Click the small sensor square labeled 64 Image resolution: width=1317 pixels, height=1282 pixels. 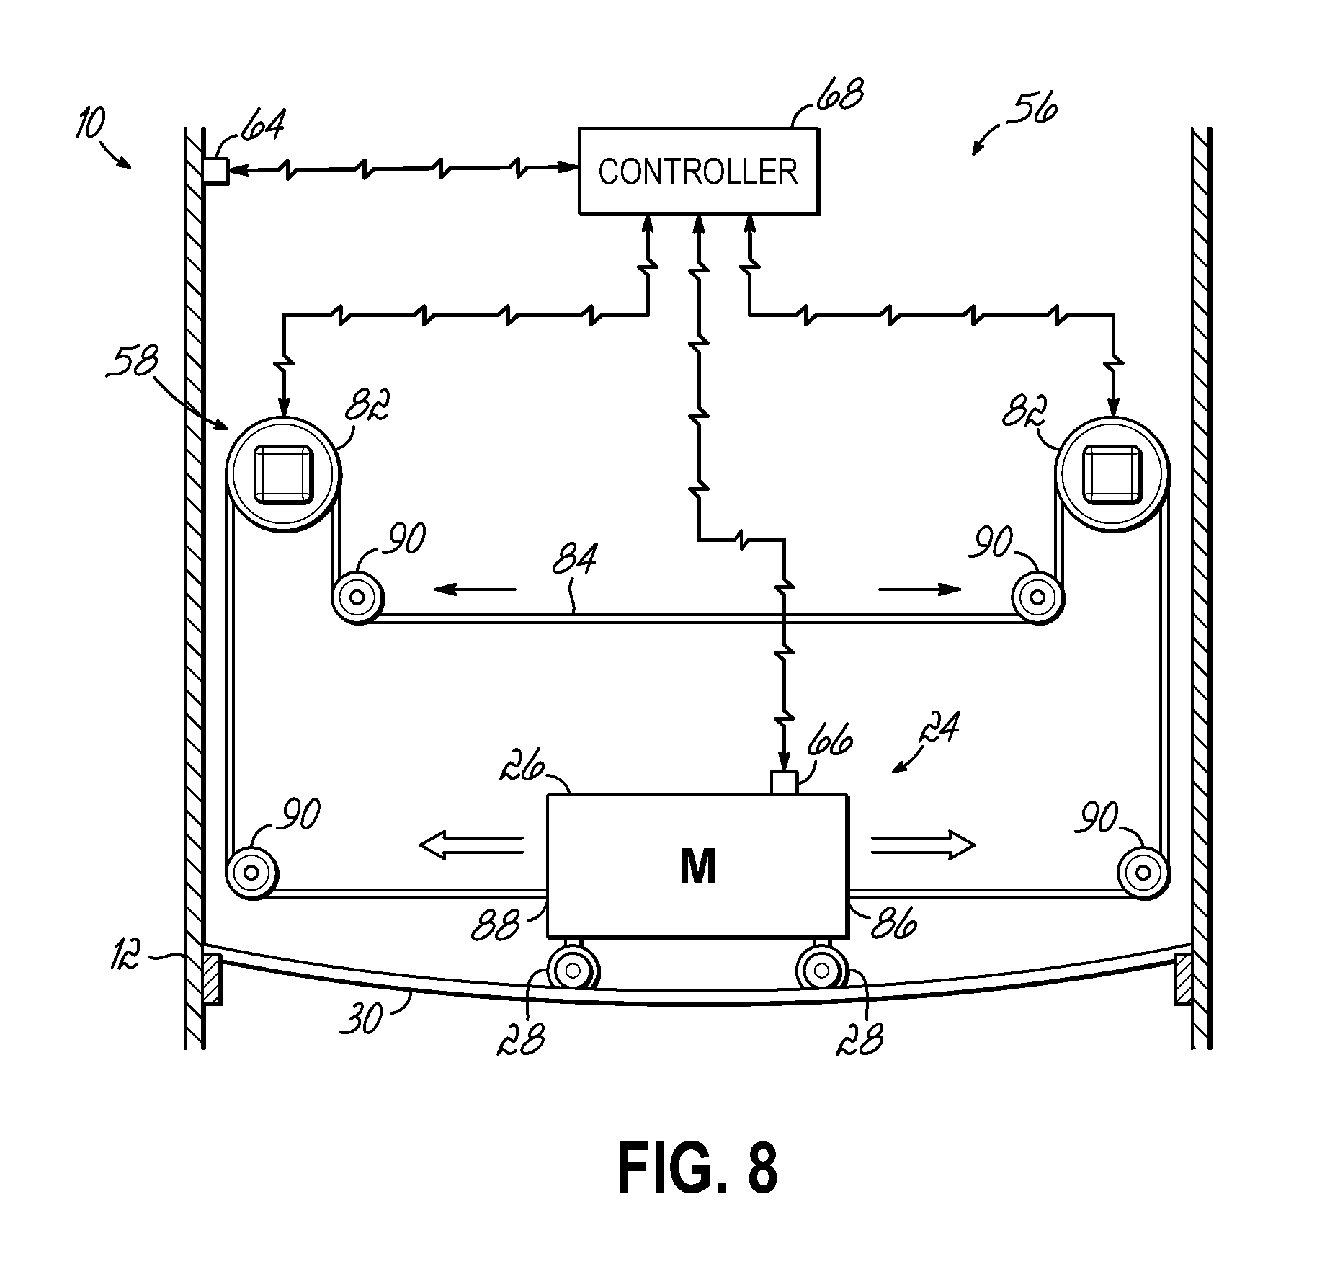click(x=215, y=172)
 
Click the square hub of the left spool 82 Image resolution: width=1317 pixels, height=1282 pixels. click(x=284, y=474)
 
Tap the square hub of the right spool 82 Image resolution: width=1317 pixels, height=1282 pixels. click(x=1112, y=474)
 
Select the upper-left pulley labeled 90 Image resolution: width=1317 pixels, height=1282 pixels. click(x=357, y=597)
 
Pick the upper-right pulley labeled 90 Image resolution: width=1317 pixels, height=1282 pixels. click(x=1038, y=597)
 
